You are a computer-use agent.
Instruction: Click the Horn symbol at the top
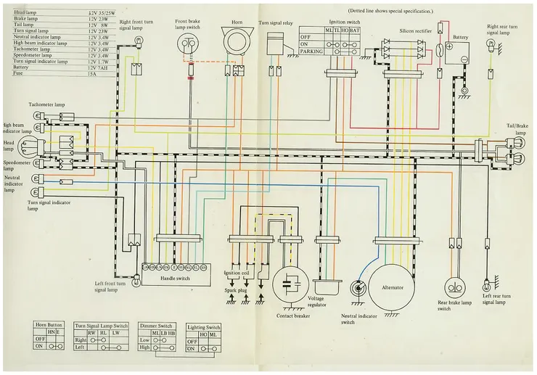[x=236, y=42]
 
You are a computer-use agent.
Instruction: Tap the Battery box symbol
[x=458, y=53]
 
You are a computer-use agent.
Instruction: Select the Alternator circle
[x=391, y=287]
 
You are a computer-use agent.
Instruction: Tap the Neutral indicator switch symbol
[x=357, y=289]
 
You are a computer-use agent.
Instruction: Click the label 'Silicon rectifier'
[x=416, y=31]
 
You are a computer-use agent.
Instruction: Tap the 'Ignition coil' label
[x=236, y=272]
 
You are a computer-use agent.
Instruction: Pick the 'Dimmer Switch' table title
[x=155, y=325]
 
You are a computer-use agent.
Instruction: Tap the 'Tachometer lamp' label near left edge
[x=47, y=105]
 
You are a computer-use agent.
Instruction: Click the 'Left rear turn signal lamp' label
[x=497, y=299]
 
